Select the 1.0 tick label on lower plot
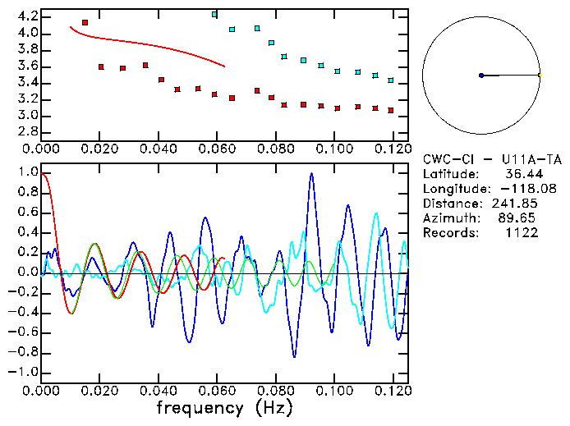[28, 173]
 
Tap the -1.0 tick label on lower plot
[25, 372]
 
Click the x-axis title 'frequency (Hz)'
[224, 408]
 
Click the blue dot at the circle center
[481, 76]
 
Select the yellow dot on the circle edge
[540, 76]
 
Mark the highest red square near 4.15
[85, 22]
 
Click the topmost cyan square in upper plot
[214, 14]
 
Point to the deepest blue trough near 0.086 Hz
[294, 355]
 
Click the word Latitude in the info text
[449, 174]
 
